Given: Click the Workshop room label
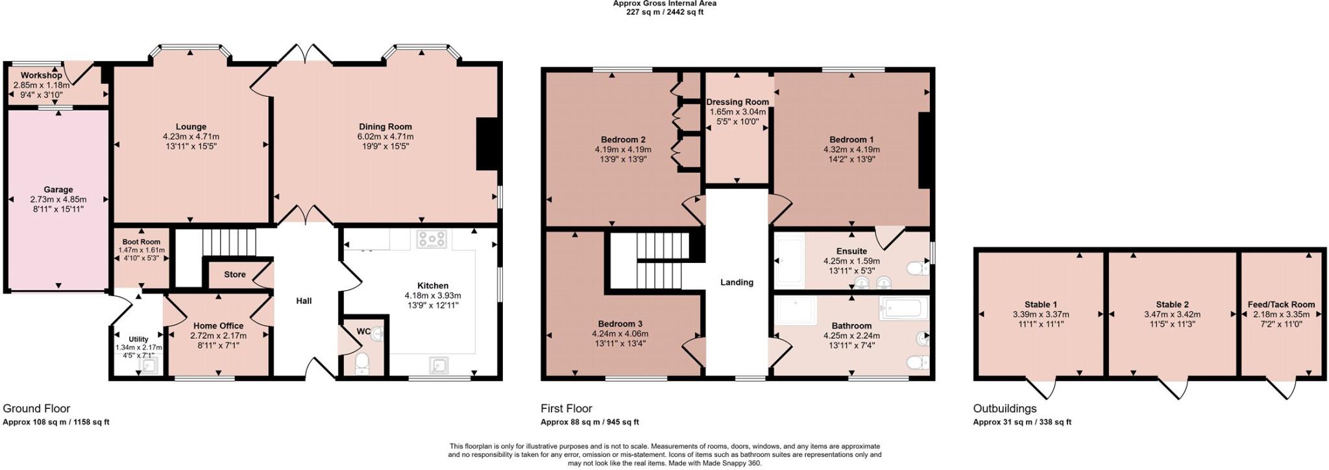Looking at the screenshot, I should pos(41,75).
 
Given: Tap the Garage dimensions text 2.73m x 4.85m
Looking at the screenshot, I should pos(58,199).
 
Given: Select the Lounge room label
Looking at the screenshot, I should pos(191,127).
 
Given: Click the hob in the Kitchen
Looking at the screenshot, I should pos(432,239).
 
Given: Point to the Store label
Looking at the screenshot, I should pos(234,275).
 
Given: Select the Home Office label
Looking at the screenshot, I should pos(218,326).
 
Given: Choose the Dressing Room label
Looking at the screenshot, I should pos(737,102).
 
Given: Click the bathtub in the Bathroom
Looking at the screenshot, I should pos(904,307).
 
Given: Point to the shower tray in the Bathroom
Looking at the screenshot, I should pos(797,311).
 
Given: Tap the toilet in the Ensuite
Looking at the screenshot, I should pos(918,268).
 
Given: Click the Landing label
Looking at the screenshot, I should pos(737,282).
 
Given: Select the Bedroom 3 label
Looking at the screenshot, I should pos(620,324).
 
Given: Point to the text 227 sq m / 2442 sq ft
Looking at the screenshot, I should pos(664,12).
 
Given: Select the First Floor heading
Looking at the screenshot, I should pos(566,408).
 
